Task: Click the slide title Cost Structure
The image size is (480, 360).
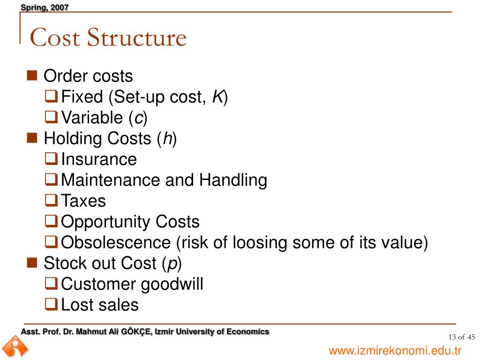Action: (x=108, y=37)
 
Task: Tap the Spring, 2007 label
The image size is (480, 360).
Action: (x=45, y=7)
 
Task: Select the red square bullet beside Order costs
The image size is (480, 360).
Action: (x=32, y=75)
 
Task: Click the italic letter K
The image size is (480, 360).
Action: (x=217, y=97)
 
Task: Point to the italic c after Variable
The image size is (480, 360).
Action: (x=138, y=118)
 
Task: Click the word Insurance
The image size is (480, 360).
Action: (x=99, y=159)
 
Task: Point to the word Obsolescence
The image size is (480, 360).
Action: (x=116, y=242)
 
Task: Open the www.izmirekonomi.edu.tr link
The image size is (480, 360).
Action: (x=395, y=351)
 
